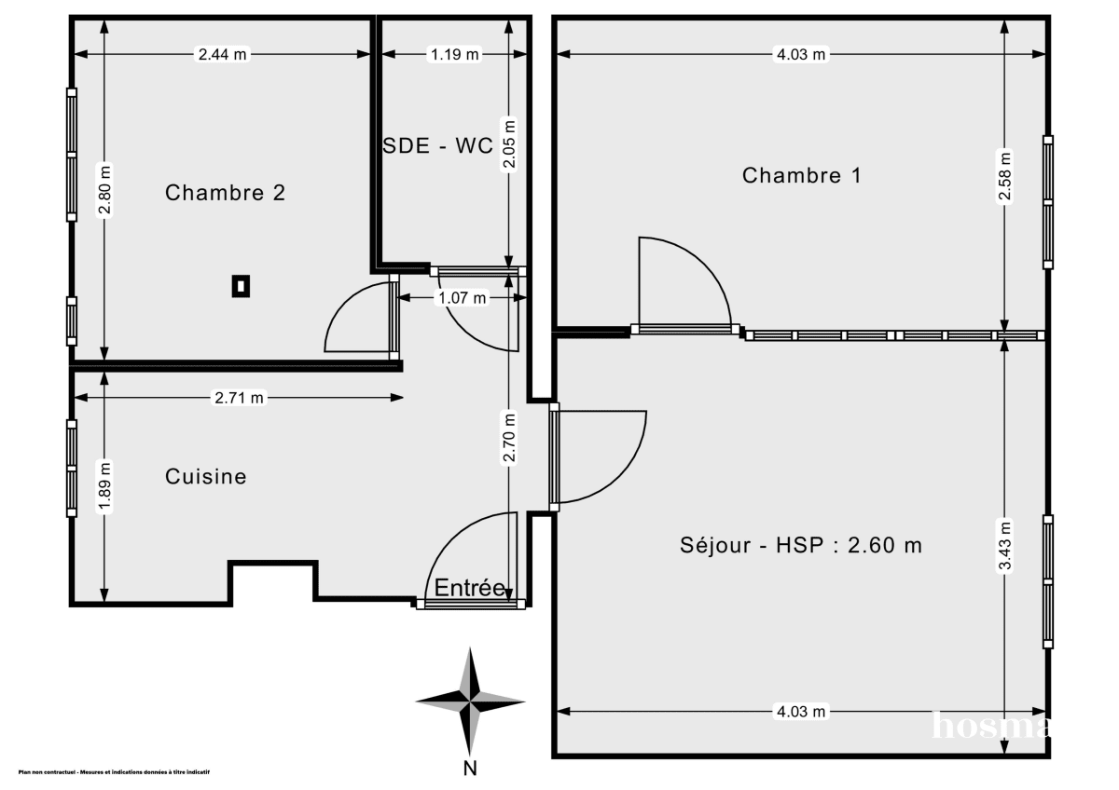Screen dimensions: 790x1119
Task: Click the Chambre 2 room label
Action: click(x=225, y=193)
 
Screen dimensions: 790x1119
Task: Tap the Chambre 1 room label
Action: click(x=802, y=175)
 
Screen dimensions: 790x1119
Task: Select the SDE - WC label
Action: click(x=438, y=146)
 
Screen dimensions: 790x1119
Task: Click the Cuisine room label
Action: click(x=206, y=476)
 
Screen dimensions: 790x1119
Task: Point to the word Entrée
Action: click(x=470, y=588)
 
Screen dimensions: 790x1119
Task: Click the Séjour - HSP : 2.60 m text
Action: click(x=801, y=545)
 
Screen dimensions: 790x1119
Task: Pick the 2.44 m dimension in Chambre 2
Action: click(x=222, y=54)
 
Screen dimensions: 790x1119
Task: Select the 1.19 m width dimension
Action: click(x=454, y=54)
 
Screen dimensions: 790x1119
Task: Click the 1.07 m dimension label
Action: click(x=462, y=298)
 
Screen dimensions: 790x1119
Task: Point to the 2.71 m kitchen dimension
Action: click(x=240, y=398)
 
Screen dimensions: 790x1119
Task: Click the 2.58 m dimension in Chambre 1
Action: click(x=1003, y=176)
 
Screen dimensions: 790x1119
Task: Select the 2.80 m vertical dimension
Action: click(x=104, y=191)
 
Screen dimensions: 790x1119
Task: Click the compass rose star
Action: click(x=471, y=700)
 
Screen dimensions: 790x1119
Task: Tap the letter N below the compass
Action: click(x=471, y=769)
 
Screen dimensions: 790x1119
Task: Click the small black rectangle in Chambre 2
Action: click(x=241, y=286)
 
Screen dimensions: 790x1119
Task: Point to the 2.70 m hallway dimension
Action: click(x=509, y=436)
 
